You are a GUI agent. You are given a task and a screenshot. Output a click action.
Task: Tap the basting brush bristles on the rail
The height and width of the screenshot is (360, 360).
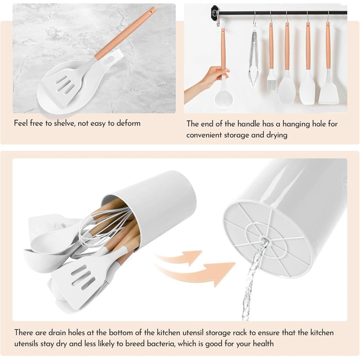click(x=271, y=83)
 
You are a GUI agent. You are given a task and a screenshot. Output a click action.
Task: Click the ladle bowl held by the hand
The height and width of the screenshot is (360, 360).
click(x=224, y=100)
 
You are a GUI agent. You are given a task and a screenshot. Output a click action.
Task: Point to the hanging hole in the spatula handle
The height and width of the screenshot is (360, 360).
click(x=151, y=11)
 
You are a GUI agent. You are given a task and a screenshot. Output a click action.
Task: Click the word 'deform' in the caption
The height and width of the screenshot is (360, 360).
click(x=129, y=123)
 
